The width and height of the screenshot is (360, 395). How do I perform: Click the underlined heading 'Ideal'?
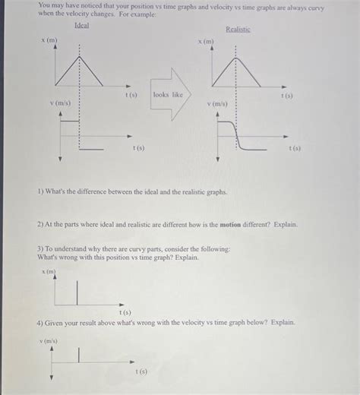pos(81,25)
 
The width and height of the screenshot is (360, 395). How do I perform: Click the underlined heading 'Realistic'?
pos(238,29)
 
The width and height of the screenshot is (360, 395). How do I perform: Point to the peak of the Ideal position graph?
pos(78,57)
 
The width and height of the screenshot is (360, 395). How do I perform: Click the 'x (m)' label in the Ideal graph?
pos(51,39)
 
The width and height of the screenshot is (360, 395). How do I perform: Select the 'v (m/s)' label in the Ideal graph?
pos(61,101)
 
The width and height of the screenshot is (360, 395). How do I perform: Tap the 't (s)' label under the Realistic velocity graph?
pos(294,149)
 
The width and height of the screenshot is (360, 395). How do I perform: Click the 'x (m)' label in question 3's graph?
pos(49,271)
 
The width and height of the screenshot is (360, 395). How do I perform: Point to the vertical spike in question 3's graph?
pos(77,289)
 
